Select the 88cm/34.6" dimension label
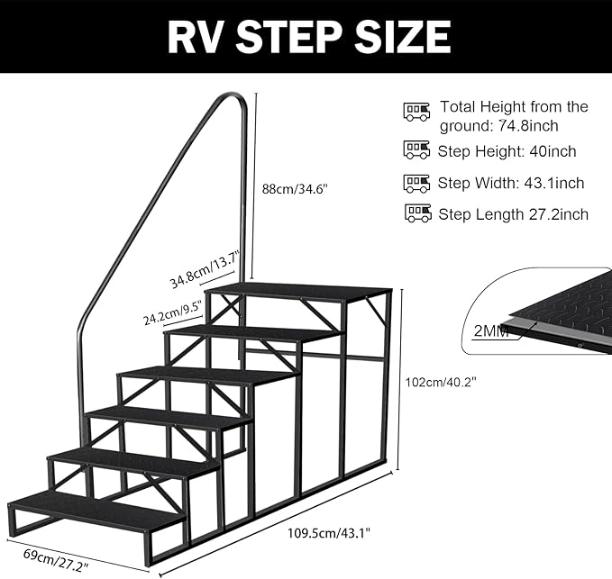point(287,189)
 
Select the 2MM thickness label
point(491,330)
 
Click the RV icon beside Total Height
point(416,112)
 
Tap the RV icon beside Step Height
point(416,150)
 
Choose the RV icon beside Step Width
point(416,183)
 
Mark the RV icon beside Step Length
point(417,213)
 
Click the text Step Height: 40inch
point(507,151)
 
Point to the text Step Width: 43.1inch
point(511,183)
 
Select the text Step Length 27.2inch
point(513,214)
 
